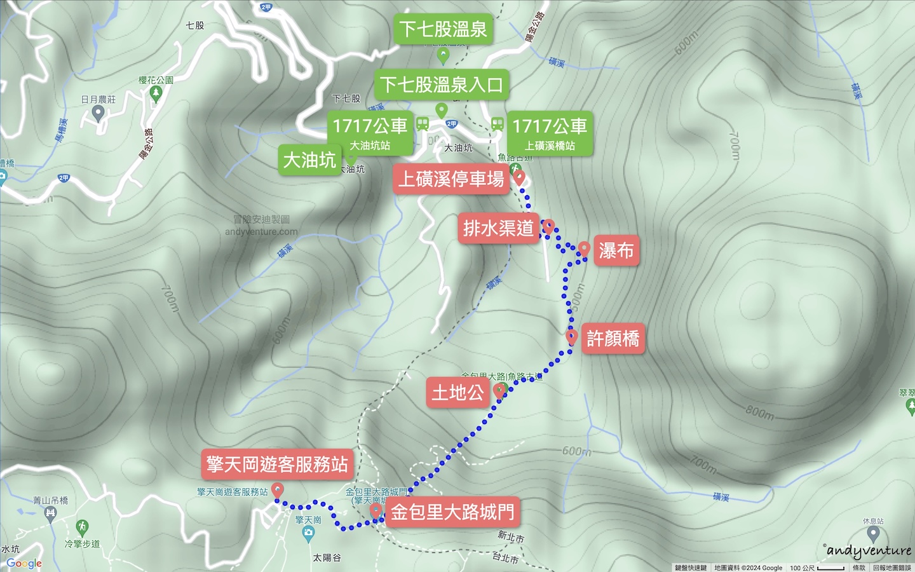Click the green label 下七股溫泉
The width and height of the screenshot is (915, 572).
443,29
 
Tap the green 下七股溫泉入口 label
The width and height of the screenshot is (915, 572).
442,85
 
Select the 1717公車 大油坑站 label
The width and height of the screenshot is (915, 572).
370,133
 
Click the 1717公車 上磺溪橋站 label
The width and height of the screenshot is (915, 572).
550,133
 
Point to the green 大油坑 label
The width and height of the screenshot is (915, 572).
309,160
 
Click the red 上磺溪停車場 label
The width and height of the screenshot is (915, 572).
451,179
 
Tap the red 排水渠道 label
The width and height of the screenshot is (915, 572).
498,228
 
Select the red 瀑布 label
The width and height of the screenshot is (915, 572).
616,250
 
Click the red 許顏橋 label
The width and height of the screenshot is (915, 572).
613,338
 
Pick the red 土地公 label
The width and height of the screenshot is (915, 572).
457,392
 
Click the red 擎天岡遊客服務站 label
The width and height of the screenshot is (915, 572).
277,464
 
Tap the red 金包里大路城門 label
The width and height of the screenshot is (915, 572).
452,512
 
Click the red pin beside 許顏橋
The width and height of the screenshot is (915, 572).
571,337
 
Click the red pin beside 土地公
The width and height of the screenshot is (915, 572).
500,390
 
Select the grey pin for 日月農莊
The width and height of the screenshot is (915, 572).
98,113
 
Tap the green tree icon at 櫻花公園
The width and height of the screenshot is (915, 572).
156,93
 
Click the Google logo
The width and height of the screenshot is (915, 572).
24,563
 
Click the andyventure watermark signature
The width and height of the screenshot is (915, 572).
869,550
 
